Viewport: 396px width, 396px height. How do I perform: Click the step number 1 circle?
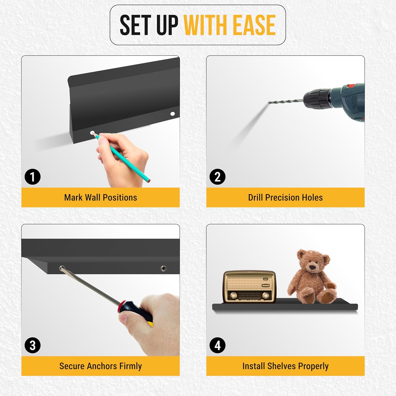pyautogui.click(x=32, y=177)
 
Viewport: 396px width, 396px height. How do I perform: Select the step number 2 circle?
pyautogui.click(x=218, y=177)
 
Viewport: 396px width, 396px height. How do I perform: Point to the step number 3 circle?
pyautogui.click(x=32, y=345)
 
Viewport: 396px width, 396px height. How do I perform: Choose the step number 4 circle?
pyautogui.click(x=218, y=345)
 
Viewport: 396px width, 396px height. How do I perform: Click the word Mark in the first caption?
pyautogui.click(x=73, y=197)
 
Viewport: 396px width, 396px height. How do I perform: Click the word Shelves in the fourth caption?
pyautogui.click(x=281, y=366)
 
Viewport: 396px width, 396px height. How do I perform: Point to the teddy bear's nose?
pyautogui.click(x=313, y=267)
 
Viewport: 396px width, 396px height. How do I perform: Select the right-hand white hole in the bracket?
pyautogui.click(x=172, y=114)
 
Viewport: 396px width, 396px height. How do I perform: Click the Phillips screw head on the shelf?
pyautogui.click(x=164, y=268)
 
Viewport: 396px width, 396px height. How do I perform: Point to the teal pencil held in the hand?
pyautogui.click(x=122, y=158)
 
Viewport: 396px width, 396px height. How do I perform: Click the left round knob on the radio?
pyautogui.click(x=233, y=295)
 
